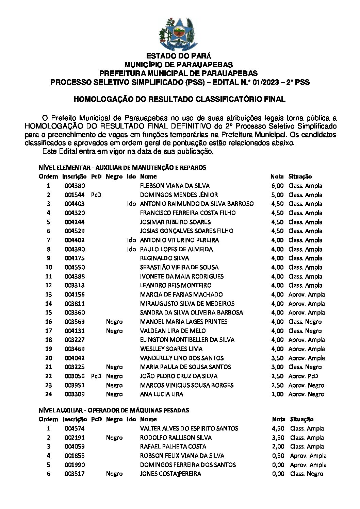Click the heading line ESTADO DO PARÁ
(179, 56)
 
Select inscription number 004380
(75, 186)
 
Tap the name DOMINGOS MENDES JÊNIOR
(179, 195)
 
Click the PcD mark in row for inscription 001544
(96, 195)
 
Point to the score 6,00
(277, 186)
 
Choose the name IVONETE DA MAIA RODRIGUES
(182, 276)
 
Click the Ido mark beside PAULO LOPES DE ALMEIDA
(131, 249)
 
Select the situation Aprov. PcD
(303, 376)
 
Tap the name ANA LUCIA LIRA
(162, 394)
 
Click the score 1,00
(277, 394)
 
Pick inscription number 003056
(75, 376)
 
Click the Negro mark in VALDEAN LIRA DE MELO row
(114, 331)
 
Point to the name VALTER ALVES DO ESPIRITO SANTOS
(189, 428)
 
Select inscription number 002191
(75, 438)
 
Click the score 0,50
(278, 456)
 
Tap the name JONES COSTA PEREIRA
(170, 474)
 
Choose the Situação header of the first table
(300, 176)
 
